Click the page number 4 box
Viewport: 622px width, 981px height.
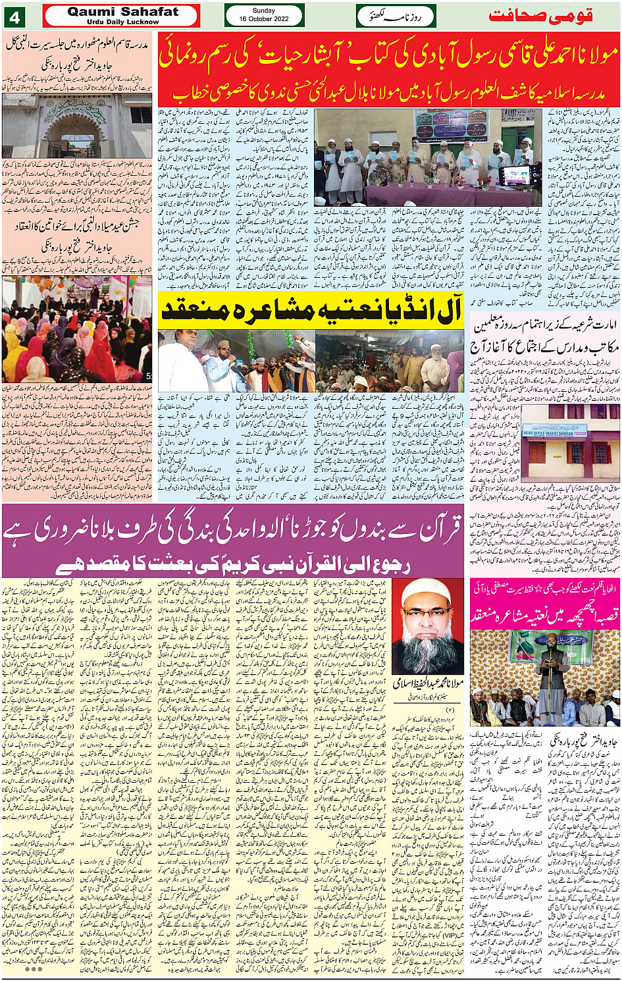click(14, 16)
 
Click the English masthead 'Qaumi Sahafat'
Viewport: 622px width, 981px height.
click(122, 12)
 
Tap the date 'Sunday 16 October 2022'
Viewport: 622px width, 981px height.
click(264, 15)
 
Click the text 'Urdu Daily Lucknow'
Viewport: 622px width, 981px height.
click(122, 22)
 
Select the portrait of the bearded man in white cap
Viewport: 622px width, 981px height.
click(428, 626)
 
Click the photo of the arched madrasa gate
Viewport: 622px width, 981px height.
click(76, 125)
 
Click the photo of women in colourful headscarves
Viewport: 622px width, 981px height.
click(76, 329)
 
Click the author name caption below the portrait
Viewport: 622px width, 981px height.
click(428, 684)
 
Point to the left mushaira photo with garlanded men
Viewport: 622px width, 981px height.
click(236, 361)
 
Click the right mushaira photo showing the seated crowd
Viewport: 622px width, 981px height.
click(389, 361)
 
